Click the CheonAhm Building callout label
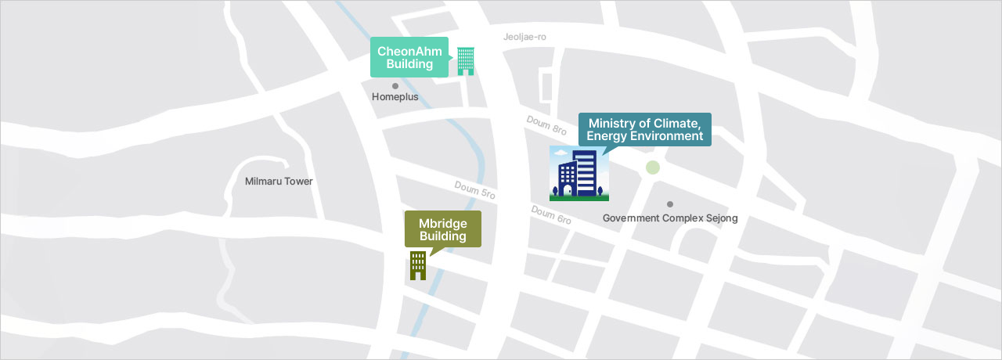point(409,57)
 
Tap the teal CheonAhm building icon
point(466,61)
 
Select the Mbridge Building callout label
point(442,229)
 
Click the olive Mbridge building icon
point(418,265)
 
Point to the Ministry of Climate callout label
point(644,129)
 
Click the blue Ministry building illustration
point(578,173)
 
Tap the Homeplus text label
point(395,97)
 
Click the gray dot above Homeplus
point(395,86)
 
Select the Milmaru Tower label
point(279,182)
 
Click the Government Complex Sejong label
point(670,218)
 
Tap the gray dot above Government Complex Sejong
point(670,204)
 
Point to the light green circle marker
point(653,167)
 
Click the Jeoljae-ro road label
point(524,37)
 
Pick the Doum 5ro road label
point(475,189)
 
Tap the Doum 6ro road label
point(551,215)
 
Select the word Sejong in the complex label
point(719,218)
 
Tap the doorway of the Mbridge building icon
point(418,275)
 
